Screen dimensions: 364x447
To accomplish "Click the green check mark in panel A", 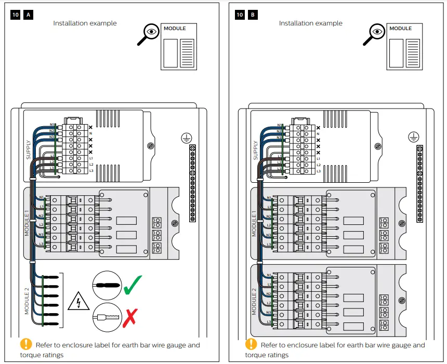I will tap(133, 285).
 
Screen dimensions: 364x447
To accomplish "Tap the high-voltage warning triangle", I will tap(78, 301).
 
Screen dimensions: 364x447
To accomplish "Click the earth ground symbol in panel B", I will tap(412, 137).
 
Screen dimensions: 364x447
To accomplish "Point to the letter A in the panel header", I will tap(29, 15).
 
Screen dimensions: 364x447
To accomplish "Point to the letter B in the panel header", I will tap(253, 15).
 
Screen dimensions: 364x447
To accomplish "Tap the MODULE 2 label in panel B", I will tap(255, 304).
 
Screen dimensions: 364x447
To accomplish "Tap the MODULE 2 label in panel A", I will tap(28, 301).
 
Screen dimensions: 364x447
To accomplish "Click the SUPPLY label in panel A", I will tap(29, 150).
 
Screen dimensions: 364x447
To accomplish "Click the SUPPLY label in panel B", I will tap(255, 150).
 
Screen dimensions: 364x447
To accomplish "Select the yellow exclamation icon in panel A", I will tap(26, 344).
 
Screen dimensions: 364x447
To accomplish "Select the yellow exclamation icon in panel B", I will tap(251, 344).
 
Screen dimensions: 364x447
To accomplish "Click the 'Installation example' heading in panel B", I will tap(310, 23).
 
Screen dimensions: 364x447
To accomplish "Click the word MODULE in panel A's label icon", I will tap(175, 29).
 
